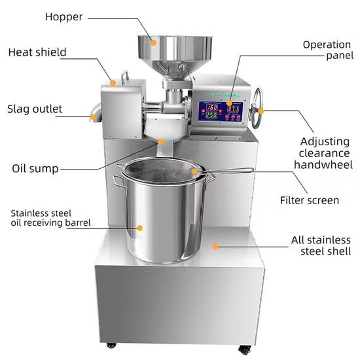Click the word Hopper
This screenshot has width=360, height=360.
click(63, 17)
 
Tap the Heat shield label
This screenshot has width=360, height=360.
click(37, 52)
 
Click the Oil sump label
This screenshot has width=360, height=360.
click(35, 168)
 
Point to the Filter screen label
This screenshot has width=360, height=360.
click(309, 200)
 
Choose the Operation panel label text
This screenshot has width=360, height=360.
click(327, 50)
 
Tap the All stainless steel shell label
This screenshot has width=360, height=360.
click(321, 245)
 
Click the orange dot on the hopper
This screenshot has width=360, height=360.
click(154, 42)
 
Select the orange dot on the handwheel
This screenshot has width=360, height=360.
click(261, 111)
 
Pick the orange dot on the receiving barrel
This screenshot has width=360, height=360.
click(139, 228)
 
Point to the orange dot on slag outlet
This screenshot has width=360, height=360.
click(93, 118)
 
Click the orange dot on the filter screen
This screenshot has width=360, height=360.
click(194, 171)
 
